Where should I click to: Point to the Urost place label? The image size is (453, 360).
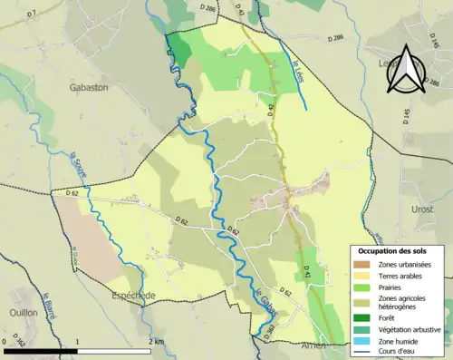[422, 209]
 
